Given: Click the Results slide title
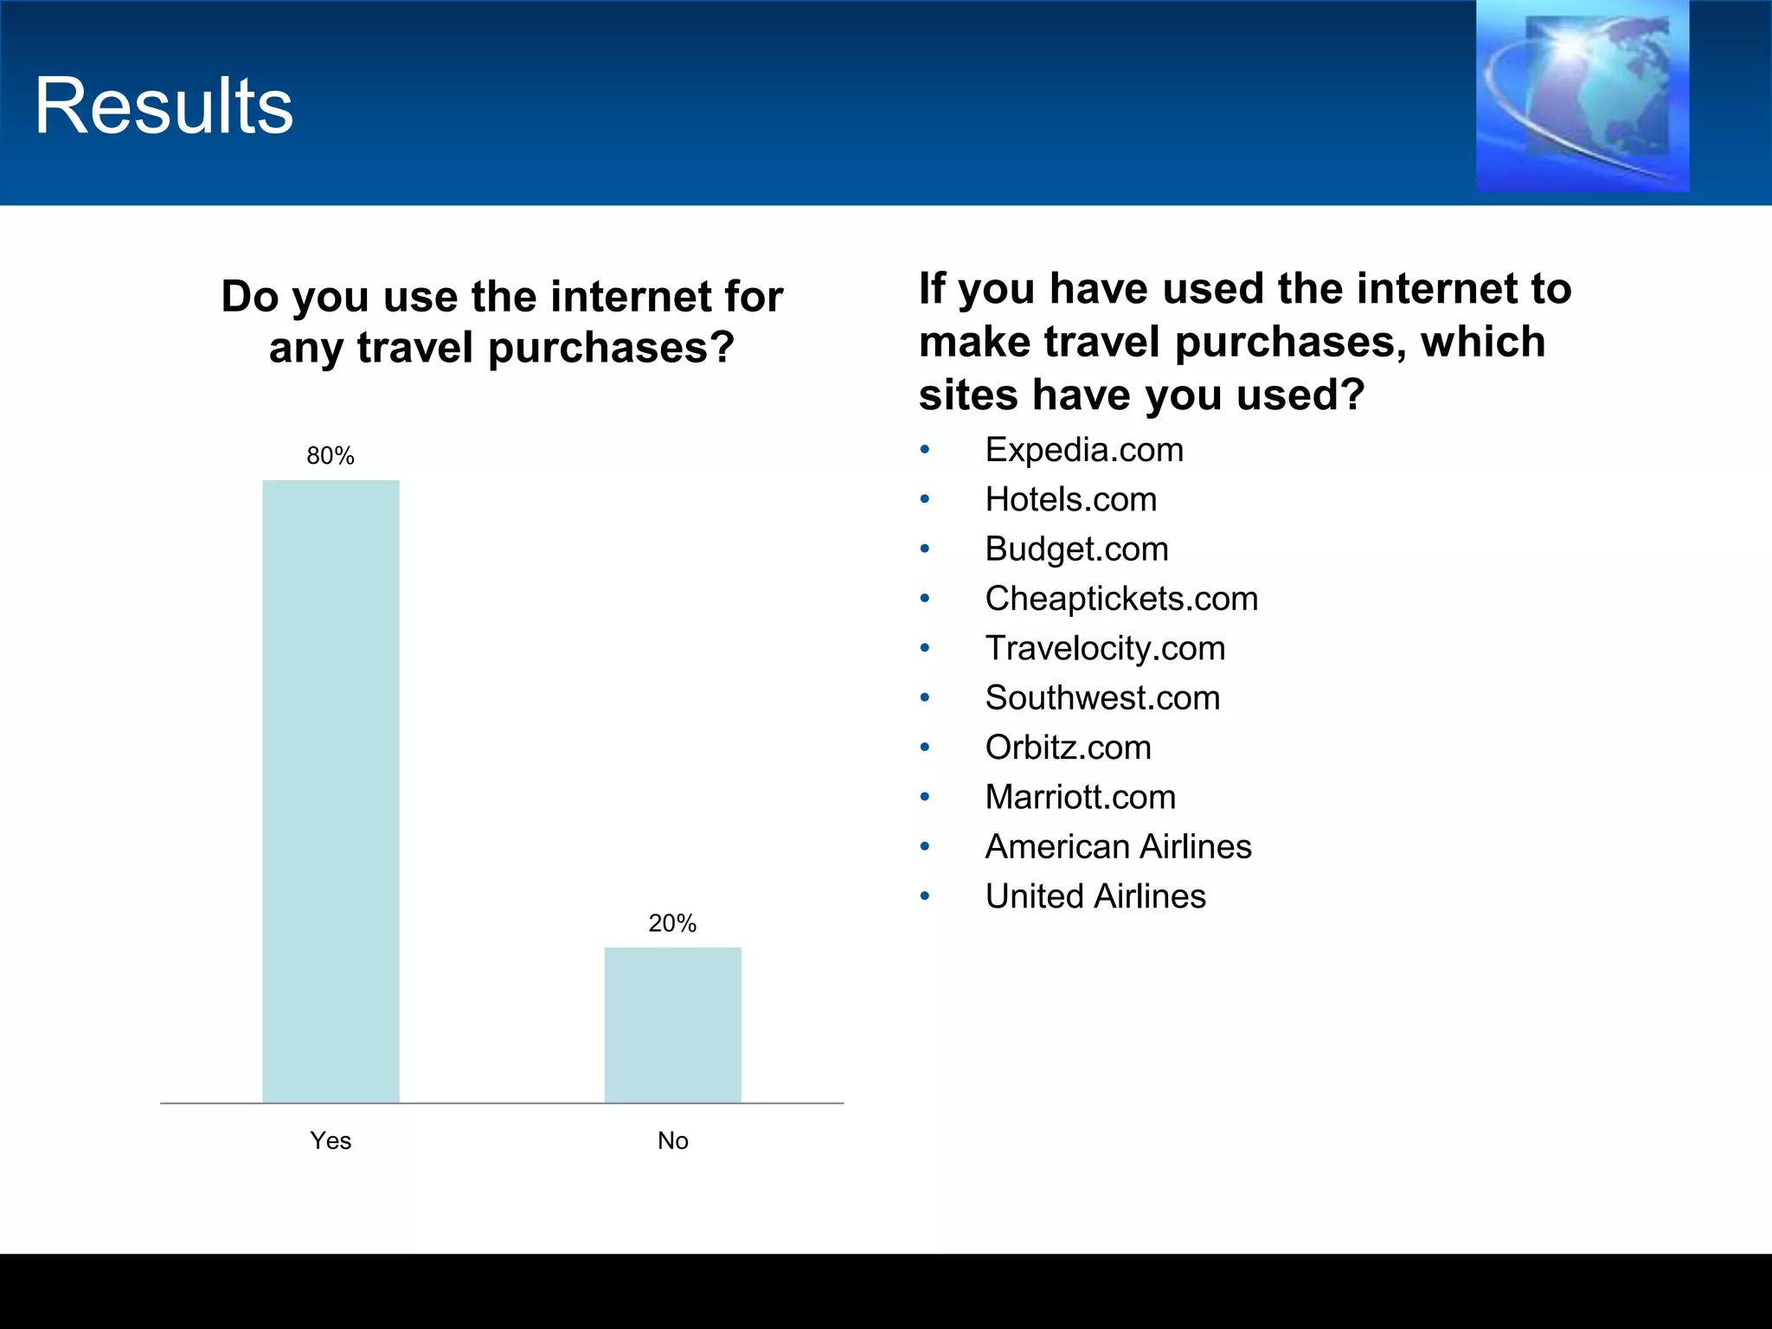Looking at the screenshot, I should pyautogui.click(x=164, y=106).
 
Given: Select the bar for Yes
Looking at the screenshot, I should pyautogui.click(x=331, y=791).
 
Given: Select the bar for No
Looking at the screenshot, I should pyautogui.click(x=672, y=1024).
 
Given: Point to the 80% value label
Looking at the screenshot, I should pyautogui.click(x=331, y=456).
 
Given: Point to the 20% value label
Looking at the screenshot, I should pyautogui.click(x=672, y=923).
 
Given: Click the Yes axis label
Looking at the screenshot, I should pyautogui.click(x=331, y=1140).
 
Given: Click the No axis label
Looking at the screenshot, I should pyautogui.click(x=672, y=1140).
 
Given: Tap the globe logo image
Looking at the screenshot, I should pyautogui.click(x=1582, y=95).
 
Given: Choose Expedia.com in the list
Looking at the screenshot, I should pyautogui.click(x=1084, y=450).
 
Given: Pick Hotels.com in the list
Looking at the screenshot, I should pyautogui.click(x=1070, y=499).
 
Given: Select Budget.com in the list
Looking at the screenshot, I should pyautogui.click(x=1076, y=549).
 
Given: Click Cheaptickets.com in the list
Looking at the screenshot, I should pyautogui.click(x=1121, y=599).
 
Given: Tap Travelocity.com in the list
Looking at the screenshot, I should pyautogui.click(x=1105, y=648).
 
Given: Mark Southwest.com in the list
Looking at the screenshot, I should pyautogui.click(x=1102, y=697).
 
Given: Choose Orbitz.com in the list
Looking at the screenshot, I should pyautogui.click(x=1068, y=748).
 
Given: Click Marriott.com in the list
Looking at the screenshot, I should pyautogui.click(x=1080, y=797).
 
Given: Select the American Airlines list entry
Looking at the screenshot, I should pyautogui.click(x=1118, y=846).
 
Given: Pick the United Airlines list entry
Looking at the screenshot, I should pyautogui.click(x=1095, y=896).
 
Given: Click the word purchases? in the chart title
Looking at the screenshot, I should pyautogui.click(x=611, y=348).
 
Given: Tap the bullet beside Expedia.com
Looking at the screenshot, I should pyautogui.click(x=925, y=450).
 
